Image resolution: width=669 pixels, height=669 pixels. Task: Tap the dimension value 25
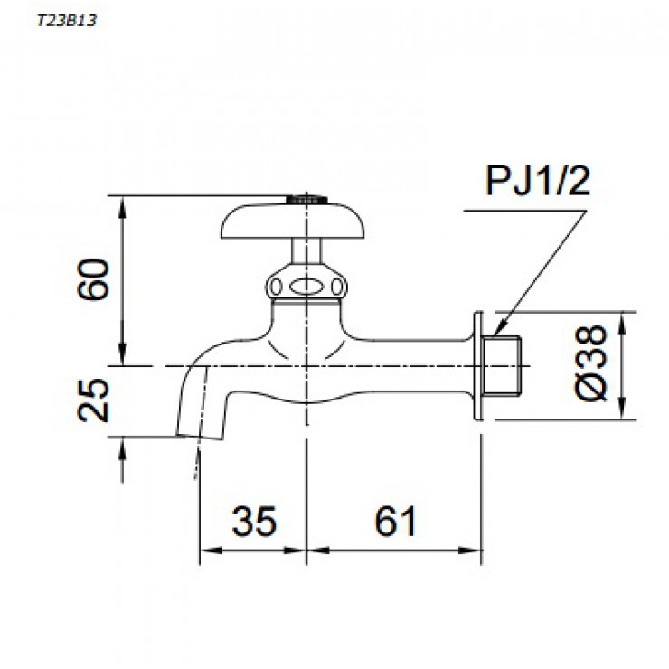pos(94,400)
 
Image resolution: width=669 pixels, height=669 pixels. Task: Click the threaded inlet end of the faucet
pos(507,365)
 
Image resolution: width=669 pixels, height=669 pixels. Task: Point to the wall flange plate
pos(478,365)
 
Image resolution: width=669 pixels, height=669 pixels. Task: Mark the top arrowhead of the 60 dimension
pos(122,201)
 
